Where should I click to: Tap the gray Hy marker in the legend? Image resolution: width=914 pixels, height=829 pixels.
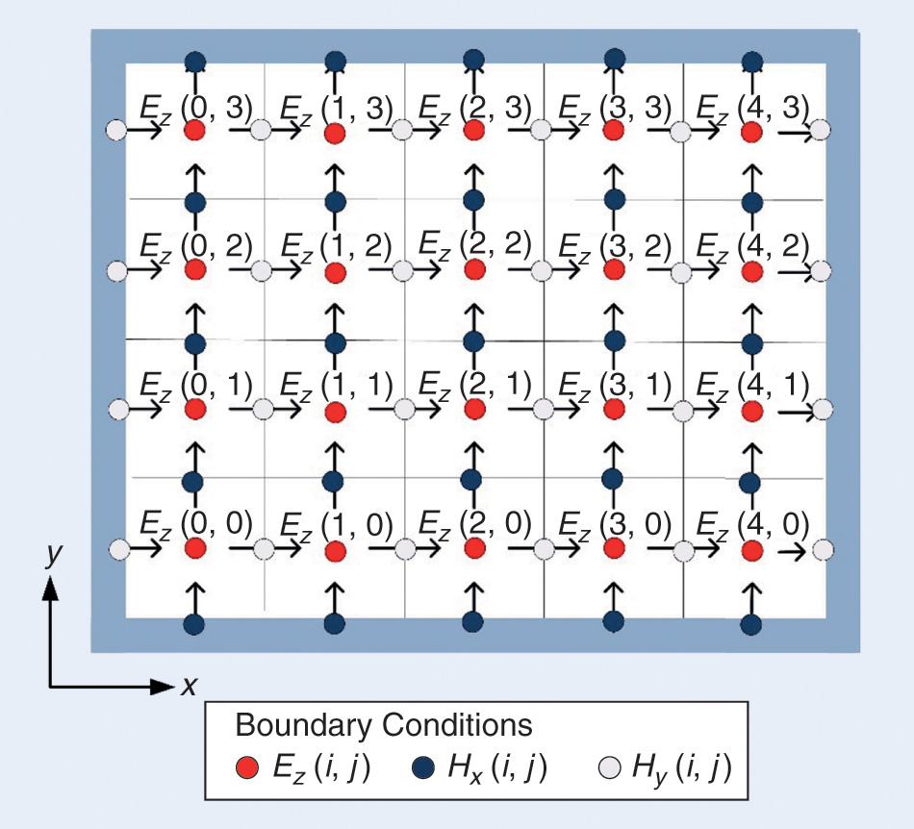tap(609, 767)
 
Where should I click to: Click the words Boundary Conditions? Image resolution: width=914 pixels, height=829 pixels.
tap(383, 724)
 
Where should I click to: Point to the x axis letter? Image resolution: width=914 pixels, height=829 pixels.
tap(190, 686)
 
